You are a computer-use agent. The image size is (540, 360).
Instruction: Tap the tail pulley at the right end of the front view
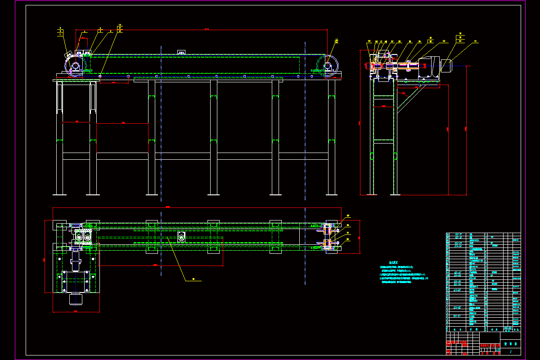328,66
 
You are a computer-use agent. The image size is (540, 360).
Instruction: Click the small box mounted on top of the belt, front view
182,53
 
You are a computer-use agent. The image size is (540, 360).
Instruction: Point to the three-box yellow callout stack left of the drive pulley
61,32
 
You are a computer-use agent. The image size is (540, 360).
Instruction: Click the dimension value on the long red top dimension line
207,29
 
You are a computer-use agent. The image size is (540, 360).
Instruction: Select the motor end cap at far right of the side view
447,65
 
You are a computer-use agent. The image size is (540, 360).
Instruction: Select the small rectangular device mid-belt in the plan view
181,237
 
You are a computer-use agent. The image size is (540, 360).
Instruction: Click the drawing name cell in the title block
510,343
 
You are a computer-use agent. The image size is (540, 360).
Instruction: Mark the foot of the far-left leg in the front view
59,194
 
